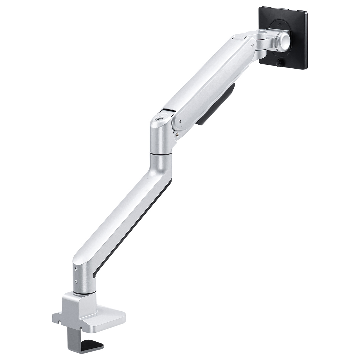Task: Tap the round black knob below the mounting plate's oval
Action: (279, 63)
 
